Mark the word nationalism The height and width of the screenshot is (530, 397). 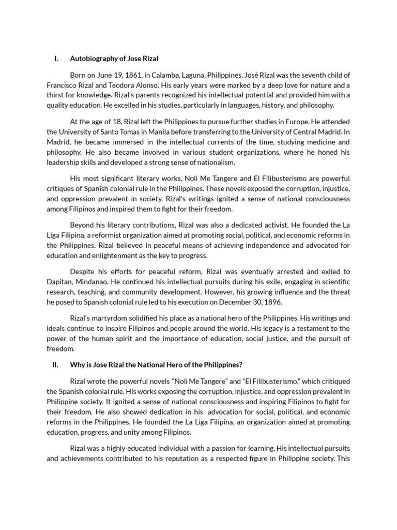[216, 163]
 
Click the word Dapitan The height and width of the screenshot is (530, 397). [60, 282]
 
